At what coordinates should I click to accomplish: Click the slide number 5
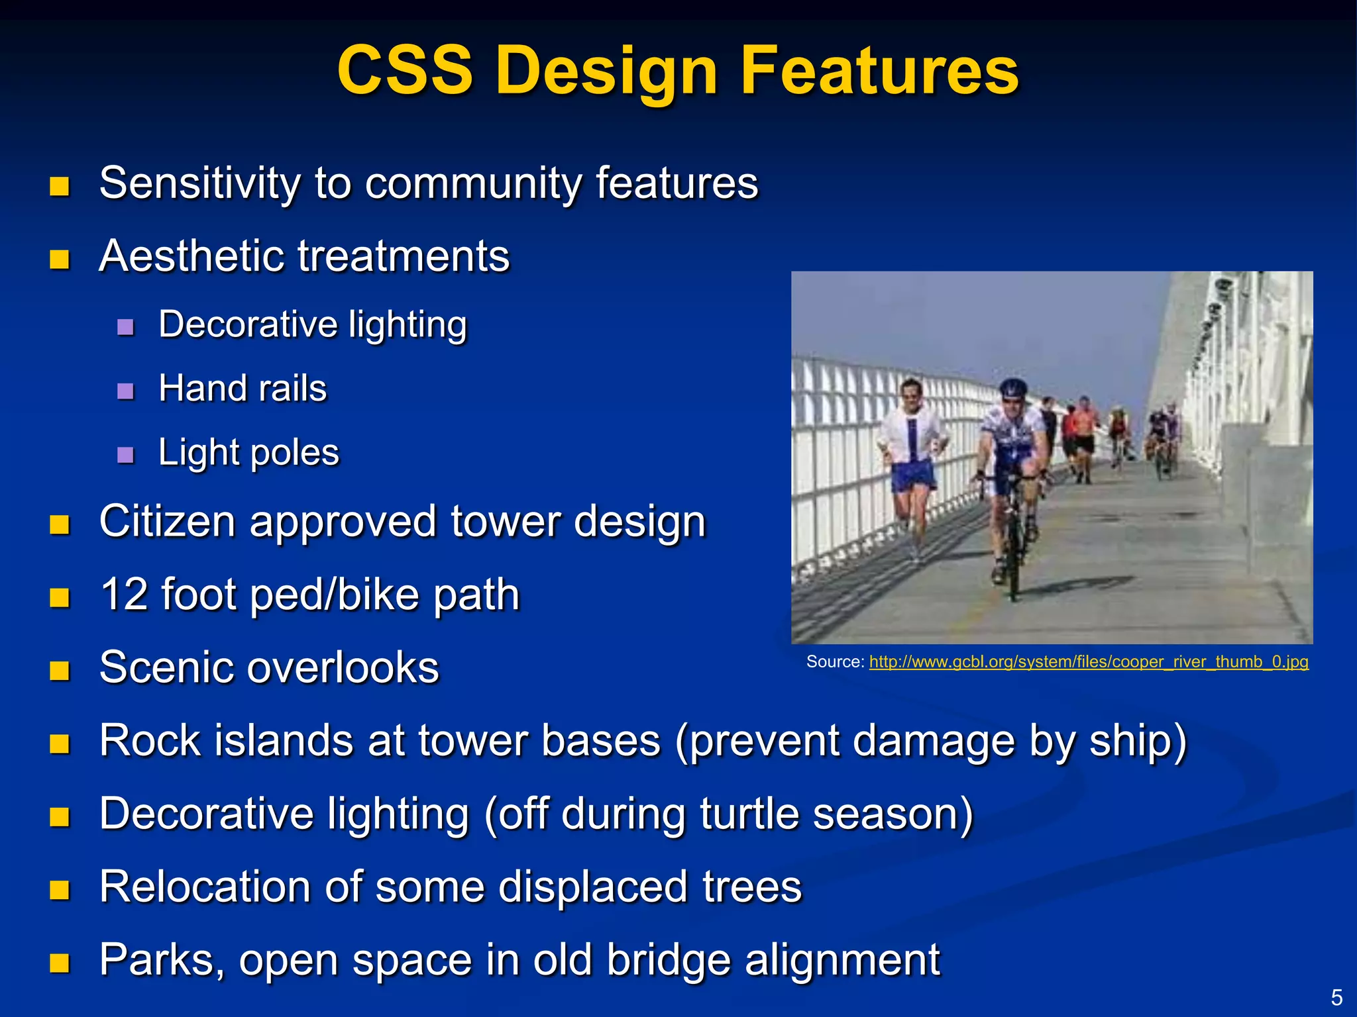tap(1336, 996)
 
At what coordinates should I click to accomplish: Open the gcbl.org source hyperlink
tap(1088, 661)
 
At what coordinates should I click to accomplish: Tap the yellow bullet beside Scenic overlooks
tap(60, 670)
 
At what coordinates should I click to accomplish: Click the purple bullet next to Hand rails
tap(125, 391)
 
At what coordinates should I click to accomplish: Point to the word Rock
tap(149, 740)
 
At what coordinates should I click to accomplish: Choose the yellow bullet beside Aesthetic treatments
tap(60, 259)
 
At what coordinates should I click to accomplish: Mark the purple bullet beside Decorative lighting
tap(125, 326)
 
